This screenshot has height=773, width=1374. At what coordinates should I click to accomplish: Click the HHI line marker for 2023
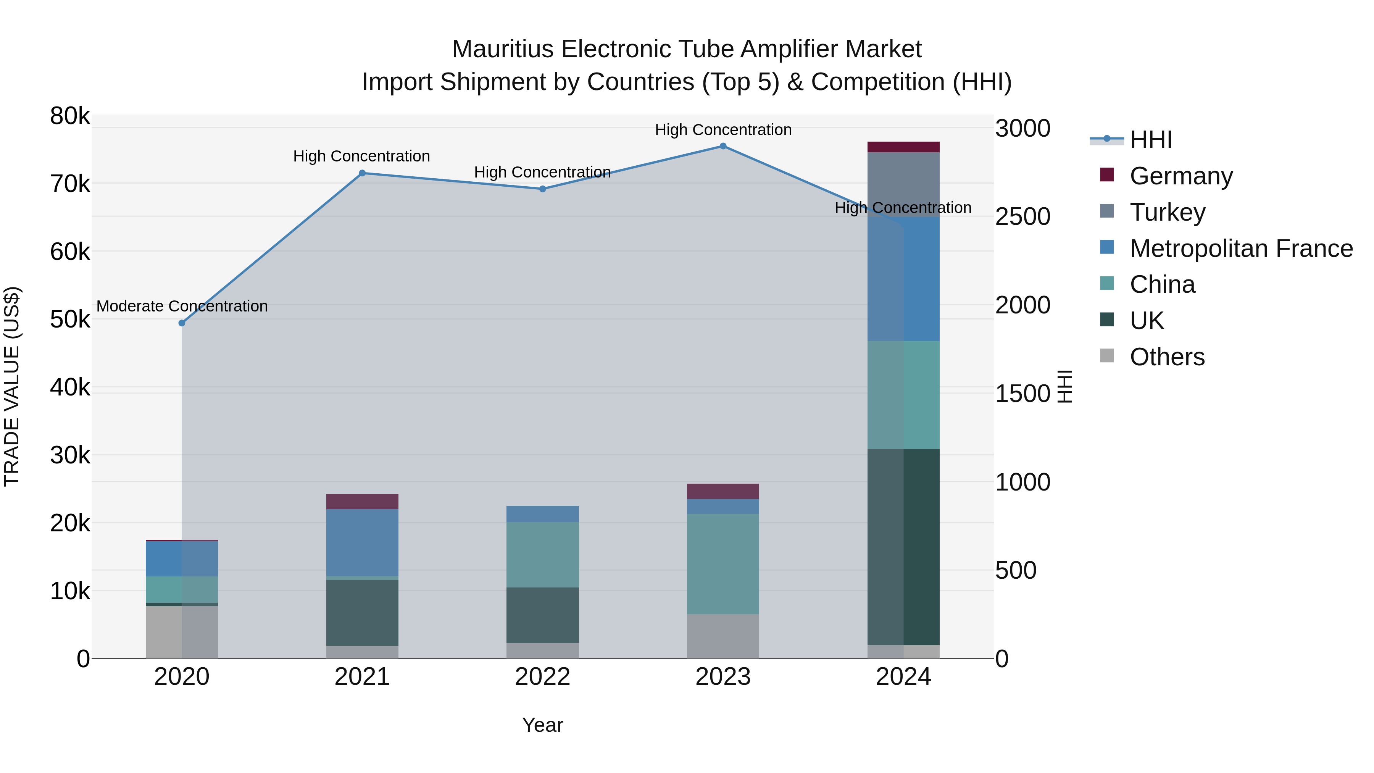723,146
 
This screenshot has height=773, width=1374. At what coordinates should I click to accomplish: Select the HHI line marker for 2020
182,323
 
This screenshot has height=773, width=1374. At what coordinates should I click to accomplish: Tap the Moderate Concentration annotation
182,306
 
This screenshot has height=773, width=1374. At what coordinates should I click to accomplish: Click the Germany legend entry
1180,176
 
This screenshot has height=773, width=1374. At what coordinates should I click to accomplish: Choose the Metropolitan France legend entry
1241,248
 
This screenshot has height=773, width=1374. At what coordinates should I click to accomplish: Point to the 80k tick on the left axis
70,116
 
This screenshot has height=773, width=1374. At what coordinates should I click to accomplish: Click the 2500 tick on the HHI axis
1022,216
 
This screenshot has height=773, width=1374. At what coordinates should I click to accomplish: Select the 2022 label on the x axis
542,677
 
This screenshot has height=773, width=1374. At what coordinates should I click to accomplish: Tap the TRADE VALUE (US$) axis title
12,386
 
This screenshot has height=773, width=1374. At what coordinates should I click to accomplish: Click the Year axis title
542,725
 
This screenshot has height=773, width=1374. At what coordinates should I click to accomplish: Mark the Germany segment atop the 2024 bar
903,147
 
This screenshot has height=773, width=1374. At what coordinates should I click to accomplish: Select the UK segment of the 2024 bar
903,547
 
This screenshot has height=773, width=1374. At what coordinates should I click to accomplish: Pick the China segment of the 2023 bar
723,564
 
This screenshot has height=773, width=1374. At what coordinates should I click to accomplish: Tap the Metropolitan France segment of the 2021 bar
362,542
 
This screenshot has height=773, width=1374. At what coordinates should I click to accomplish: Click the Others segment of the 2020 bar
182,632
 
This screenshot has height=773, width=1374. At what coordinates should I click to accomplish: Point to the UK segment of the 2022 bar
542,615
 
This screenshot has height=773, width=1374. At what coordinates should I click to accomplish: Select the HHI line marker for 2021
362,173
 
